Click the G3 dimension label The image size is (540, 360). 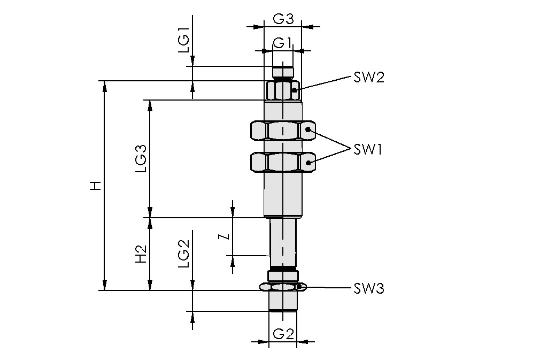point(283,19)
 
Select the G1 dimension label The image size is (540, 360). point(282,42)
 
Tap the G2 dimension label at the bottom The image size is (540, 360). point(283,334)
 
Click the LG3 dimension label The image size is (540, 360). point(141,159)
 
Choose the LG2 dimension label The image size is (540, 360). point(183,254)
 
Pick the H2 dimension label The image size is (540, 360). point(141,255)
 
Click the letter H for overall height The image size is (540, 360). point(95,186)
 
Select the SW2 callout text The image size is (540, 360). point(368,78)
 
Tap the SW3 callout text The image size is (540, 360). point(368,289)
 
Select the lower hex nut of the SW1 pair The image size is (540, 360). point(282,162)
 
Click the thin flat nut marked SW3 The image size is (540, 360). point(282,287)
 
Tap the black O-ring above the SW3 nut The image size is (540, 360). point(283,268)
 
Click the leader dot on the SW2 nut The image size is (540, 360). point(294,90)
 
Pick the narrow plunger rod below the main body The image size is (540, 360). point(283,241)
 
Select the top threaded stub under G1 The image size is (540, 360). point(283,72)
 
